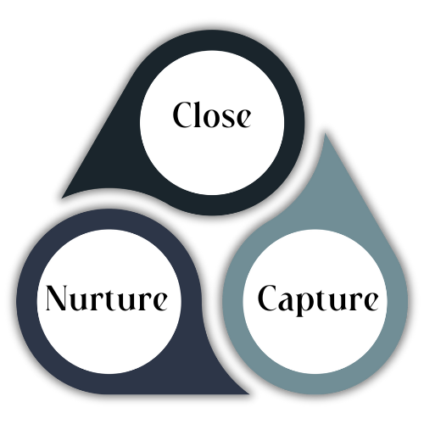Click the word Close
(212, 114)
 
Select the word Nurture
(106, 298)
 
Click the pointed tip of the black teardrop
(62, 198)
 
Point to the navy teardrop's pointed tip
(248, 393)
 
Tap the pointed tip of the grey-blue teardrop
(325, 133)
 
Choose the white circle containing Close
(212, 123)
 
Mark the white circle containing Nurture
(109, 301)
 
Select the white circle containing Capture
(315, 301)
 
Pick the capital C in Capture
(268, 298)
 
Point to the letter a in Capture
(287, 302)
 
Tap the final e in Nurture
(159, 302)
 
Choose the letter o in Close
(212, 118)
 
